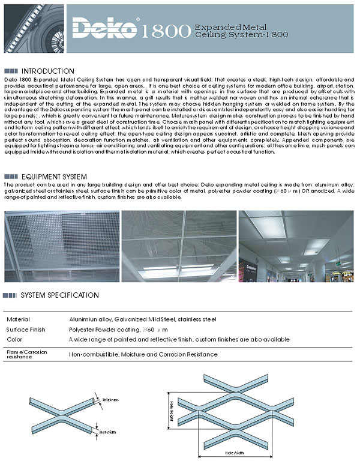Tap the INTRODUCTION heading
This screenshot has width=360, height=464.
47,71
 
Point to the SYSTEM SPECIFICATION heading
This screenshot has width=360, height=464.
59,295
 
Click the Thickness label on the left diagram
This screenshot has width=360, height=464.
110,399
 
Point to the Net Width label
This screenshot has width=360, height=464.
107,432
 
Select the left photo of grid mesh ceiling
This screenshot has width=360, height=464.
61,246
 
